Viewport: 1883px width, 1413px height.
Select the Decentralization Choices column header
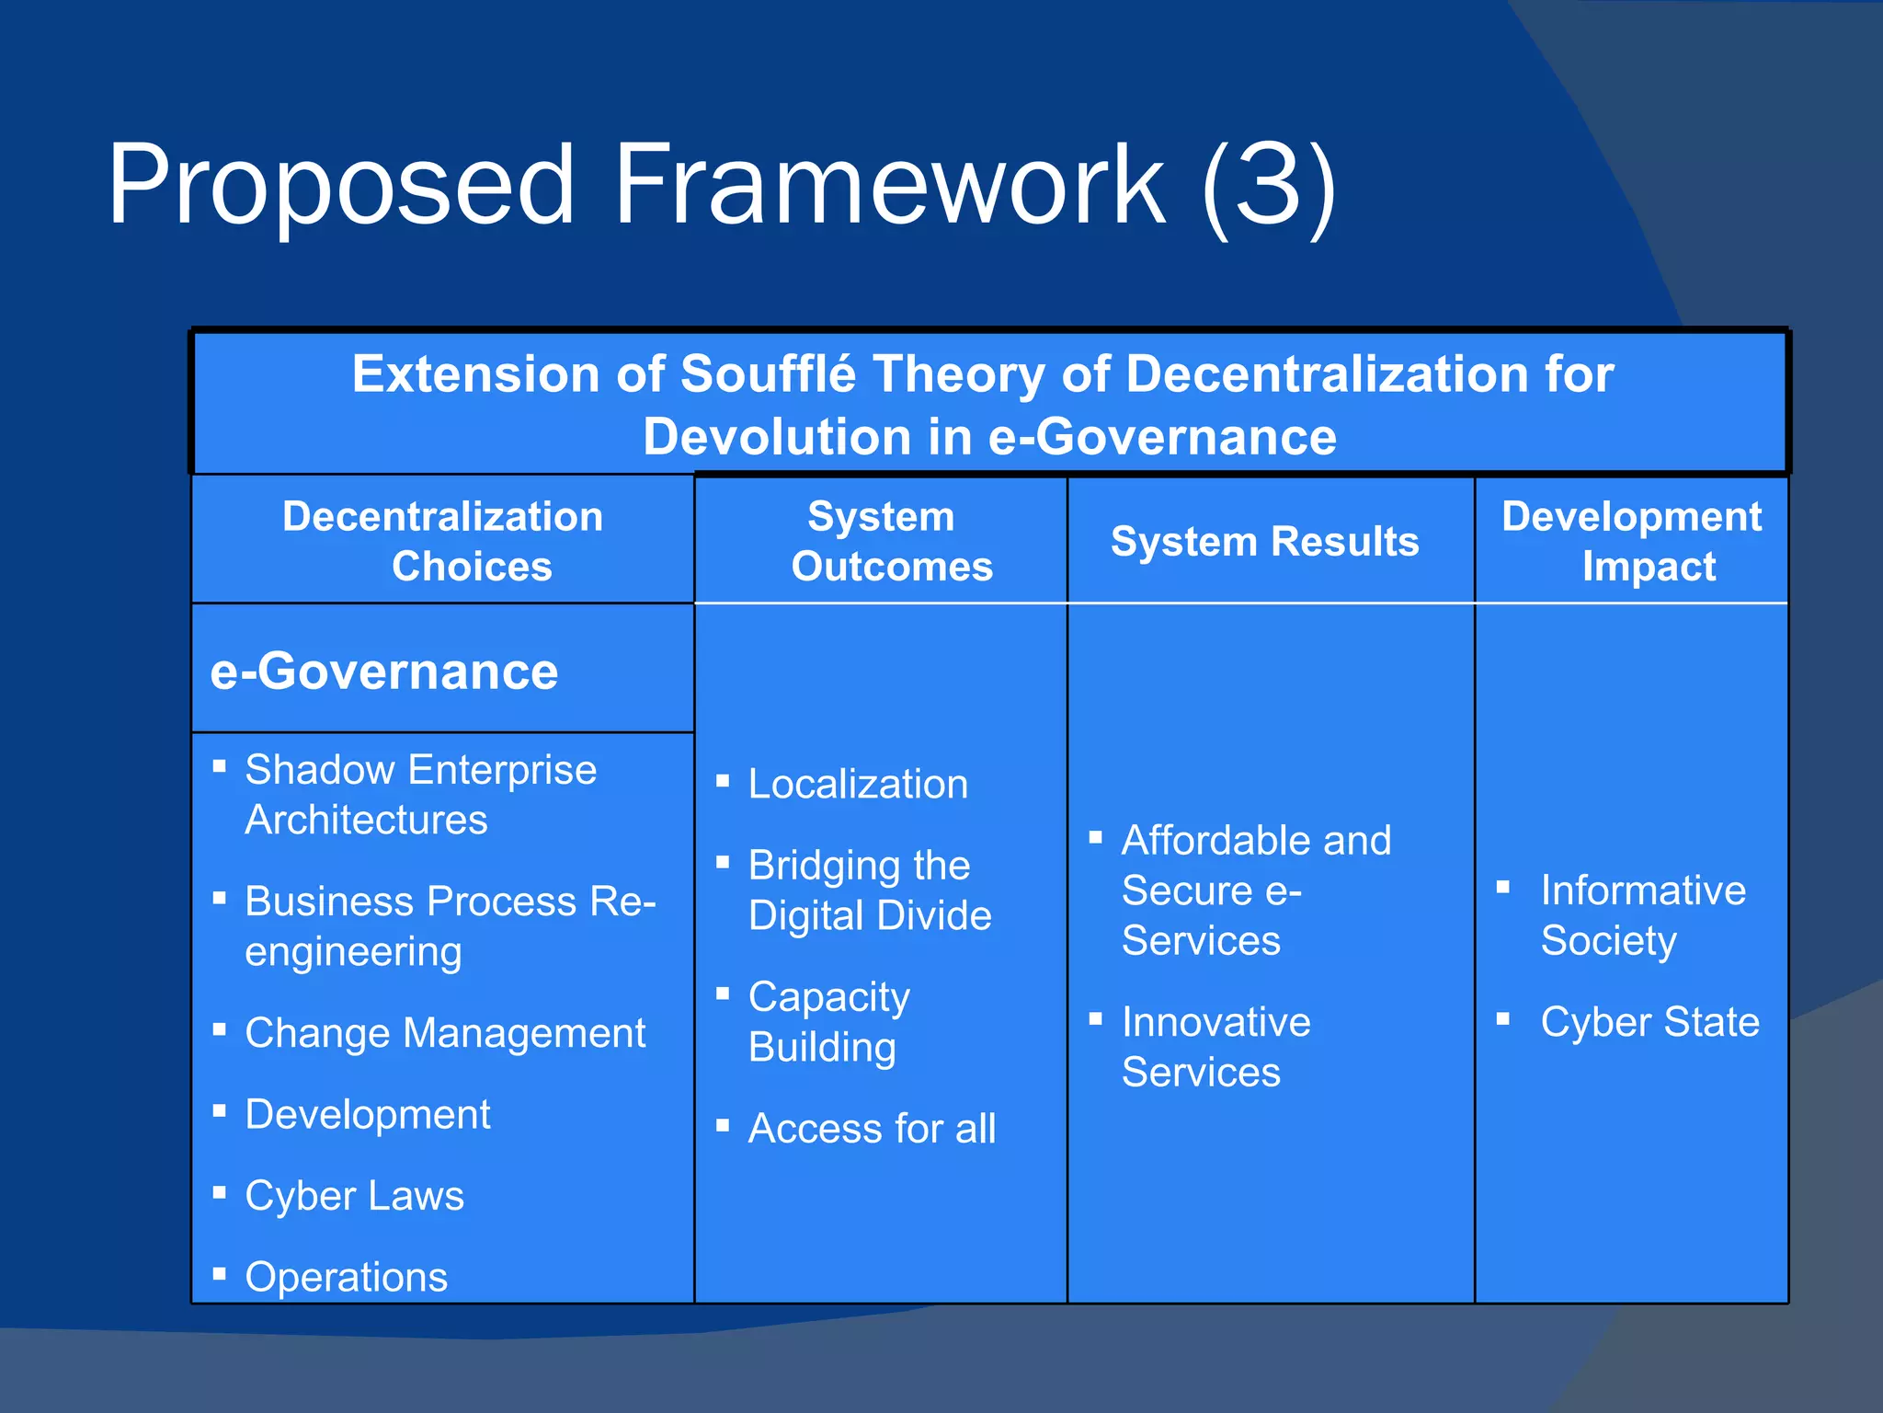443,541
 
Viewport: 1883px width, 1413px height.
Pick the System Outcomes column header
883,541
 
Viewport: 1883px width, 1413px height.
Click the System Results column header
1265,541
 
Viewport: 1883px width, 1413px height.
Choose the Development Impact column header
1632,541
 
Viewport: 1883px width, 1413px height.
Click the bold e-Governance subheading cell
384,671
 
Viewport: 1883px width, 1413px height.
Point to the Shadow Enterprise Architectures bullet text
421,794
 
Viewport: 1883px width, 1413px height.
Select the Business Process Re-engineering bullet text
451,925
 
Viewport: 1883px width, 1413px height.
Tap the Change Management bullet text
446,1033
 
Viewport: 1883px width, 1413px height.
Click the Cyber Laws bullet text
355,1196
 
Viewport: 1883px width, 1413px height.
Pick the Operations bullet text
347,1277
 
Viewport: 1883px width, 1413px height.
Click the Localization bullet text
858,784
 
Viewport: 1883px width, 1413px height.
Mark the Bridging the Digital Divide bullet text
870,890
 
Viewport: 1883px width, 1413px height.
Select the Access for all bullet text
872,1129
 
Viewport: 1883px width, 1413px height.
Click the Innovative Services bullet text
1215,1047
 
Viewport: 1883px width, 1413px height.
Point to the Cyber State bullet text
1650,1022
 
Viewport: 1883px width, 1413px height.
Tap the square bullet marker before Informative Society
1503,888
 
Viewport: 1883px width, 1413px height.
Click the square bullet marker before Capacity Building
723,994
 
